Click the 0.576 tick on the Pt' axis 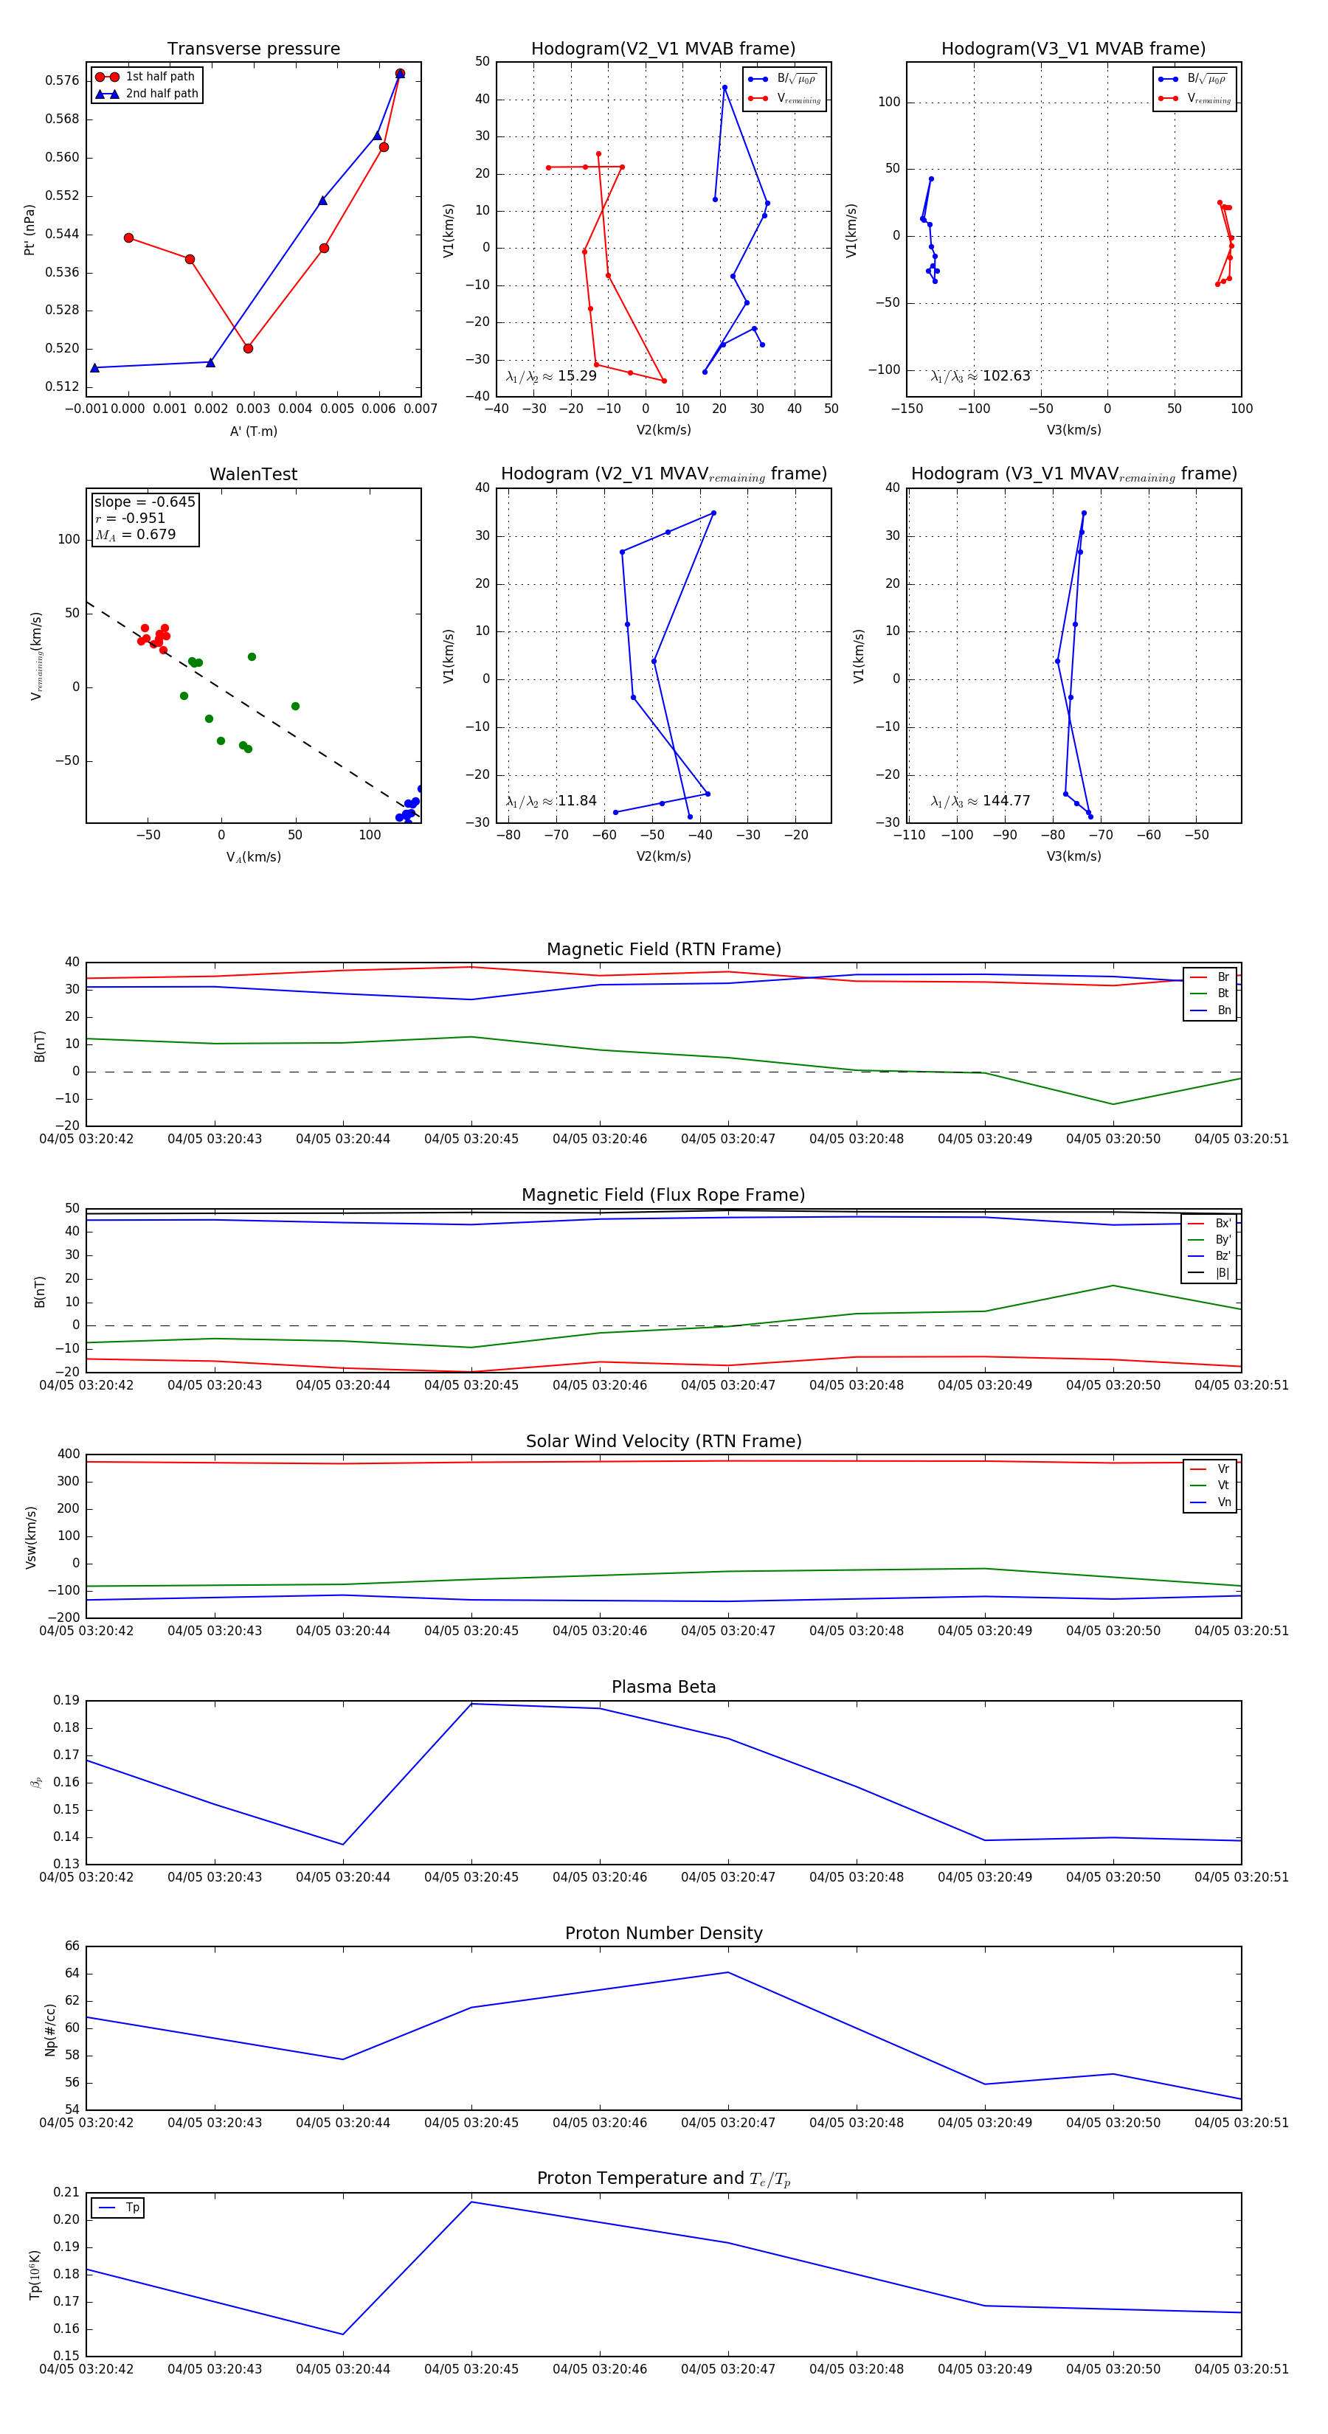[x=63, y=80]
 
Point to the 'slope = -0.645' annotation [x=145, y=502]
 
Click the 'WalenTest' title [x=253, y=474]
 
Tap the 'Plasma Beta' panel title [x=663, y=1687]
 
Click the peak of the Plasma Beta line [x=471, y=1704]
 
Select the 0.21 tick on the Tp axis [x=66, y=2192]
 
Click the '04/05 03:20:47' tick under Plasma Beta [x=727, y=1876]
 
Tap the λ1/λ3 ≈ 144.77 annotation [x=981, y=801]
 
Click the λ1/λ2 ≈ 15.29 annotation [x=551, y=376]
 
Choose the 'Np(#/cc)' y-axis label [x=51, y=2030]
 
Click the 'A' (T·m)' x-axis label [x=253, y=431]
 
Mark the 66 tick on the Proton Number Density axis [x=72, y=1946]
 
